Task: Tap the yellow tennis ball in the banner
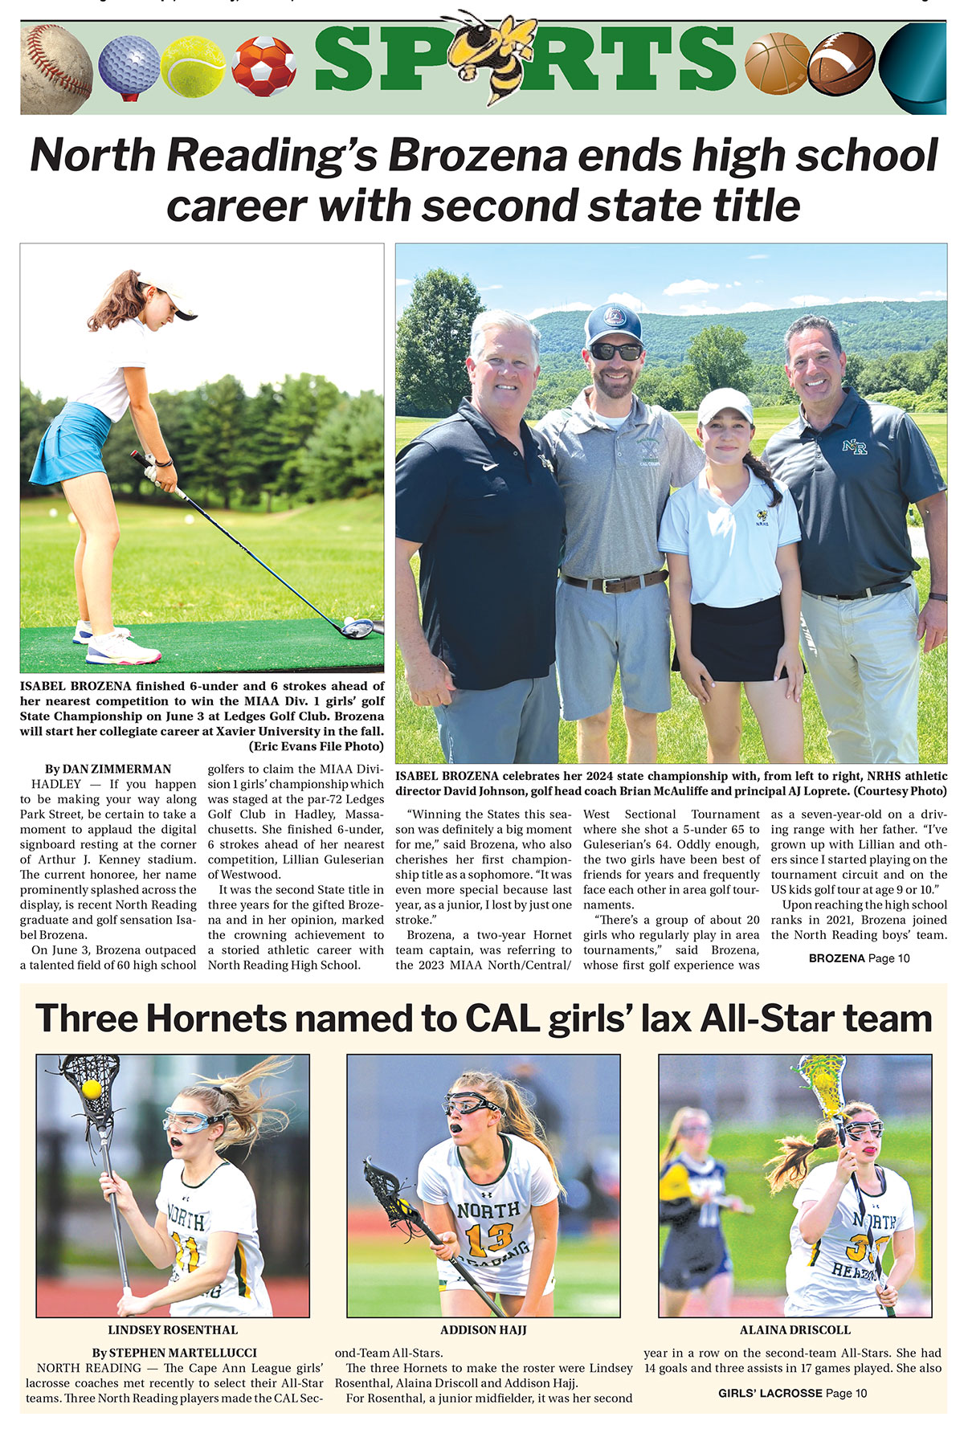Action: coord(193,66)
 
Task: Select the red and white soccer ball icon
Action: coord(263,66)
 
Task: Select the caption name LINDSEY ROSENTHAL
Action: coord(173,1329)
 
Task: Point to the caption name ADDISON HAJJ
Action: coord(483,1329)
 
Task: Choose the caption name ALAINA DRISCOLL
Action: coord(794,1329)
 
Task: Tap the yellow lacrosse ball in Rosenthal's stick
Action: coord(92,1088)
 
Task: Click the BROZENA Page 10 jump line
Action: coord(859,958)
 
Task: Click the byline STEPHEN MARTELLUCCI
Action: coord(174,1353)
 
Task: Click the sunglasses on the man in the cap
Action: coord(615,352)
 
